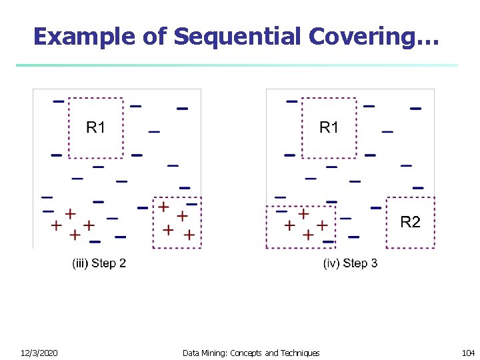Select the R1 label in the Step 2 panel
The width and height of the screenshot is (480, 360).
96,127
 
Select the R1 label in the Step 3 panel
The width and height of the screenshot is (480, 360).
329,127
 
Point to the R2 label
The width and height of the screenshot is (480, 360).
410,223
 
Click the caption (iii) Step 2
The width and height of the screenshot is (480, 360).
99,263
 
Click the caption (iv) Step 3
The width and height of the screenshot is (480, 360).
350,263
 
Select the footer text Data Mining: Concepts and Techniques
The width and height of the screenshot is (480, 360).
251,353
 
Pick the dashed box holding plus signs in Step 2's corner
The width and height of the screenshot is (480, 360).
177,223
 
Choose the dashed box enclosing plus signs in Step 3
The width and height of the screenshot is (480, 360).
300,227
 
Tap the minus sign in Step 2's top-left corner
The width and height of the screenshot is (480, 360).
59,101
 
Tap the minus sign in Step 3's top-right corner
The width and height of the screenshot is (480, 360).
415,108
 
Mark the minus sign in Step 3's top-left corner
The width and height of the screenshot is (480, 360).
292,101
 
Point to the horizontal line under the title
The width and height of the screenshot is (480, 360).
237,65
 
